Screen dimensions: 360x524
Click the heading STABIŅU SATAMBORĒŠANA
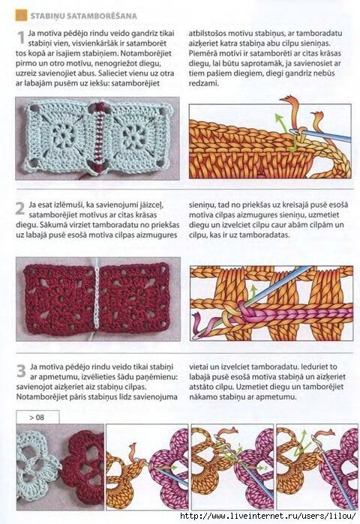(x=83, y=16)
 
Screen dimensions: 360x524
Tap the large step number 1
(x=21, y=37)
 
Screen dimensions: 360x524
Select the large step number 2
(x=20, y=208)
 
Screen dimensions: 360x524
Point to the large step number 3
(x=21, y=370)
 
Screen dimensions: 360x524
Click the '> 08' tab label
(x=37, y=418)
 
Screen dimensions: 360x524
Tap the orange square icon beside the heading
(x=21, y=16)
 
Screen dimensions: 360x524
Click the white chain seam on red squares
(x=97, y=298)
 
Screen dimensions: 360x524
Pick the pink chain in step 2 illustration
(x=294, y=314)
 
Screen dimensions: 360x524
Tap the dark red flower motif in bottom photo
(x=83, y=466)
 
